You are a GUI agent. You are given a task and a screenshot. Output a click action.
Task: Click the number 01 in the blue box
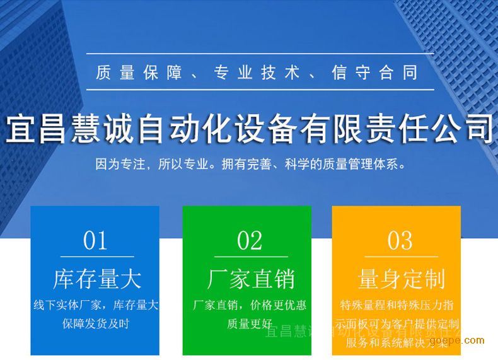(96, 240)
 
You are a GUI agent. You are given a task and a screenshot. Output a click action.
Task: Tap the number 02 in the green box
(250, 240)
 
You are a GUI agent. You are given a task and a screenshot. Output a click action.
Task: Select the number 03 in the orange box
(400, 240)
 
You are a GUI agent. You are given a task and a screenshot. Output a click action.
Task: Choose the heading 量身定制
(401, 279)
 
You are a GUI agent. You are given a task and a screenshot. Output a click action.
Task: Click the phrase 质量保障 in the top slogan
(134, 73)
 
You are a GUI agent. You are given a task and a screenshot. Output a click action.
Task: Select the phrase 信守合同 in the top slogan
(374, 73)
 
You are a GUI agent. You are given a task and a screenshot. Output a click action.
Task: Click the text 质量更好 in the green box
(249, 324)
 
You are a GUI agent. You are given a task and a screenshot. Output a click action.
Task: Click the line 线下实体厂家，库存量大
(96, 306)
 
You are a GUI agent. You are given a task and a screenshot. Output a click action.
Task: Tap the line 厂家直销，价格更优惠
(250, 306)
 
